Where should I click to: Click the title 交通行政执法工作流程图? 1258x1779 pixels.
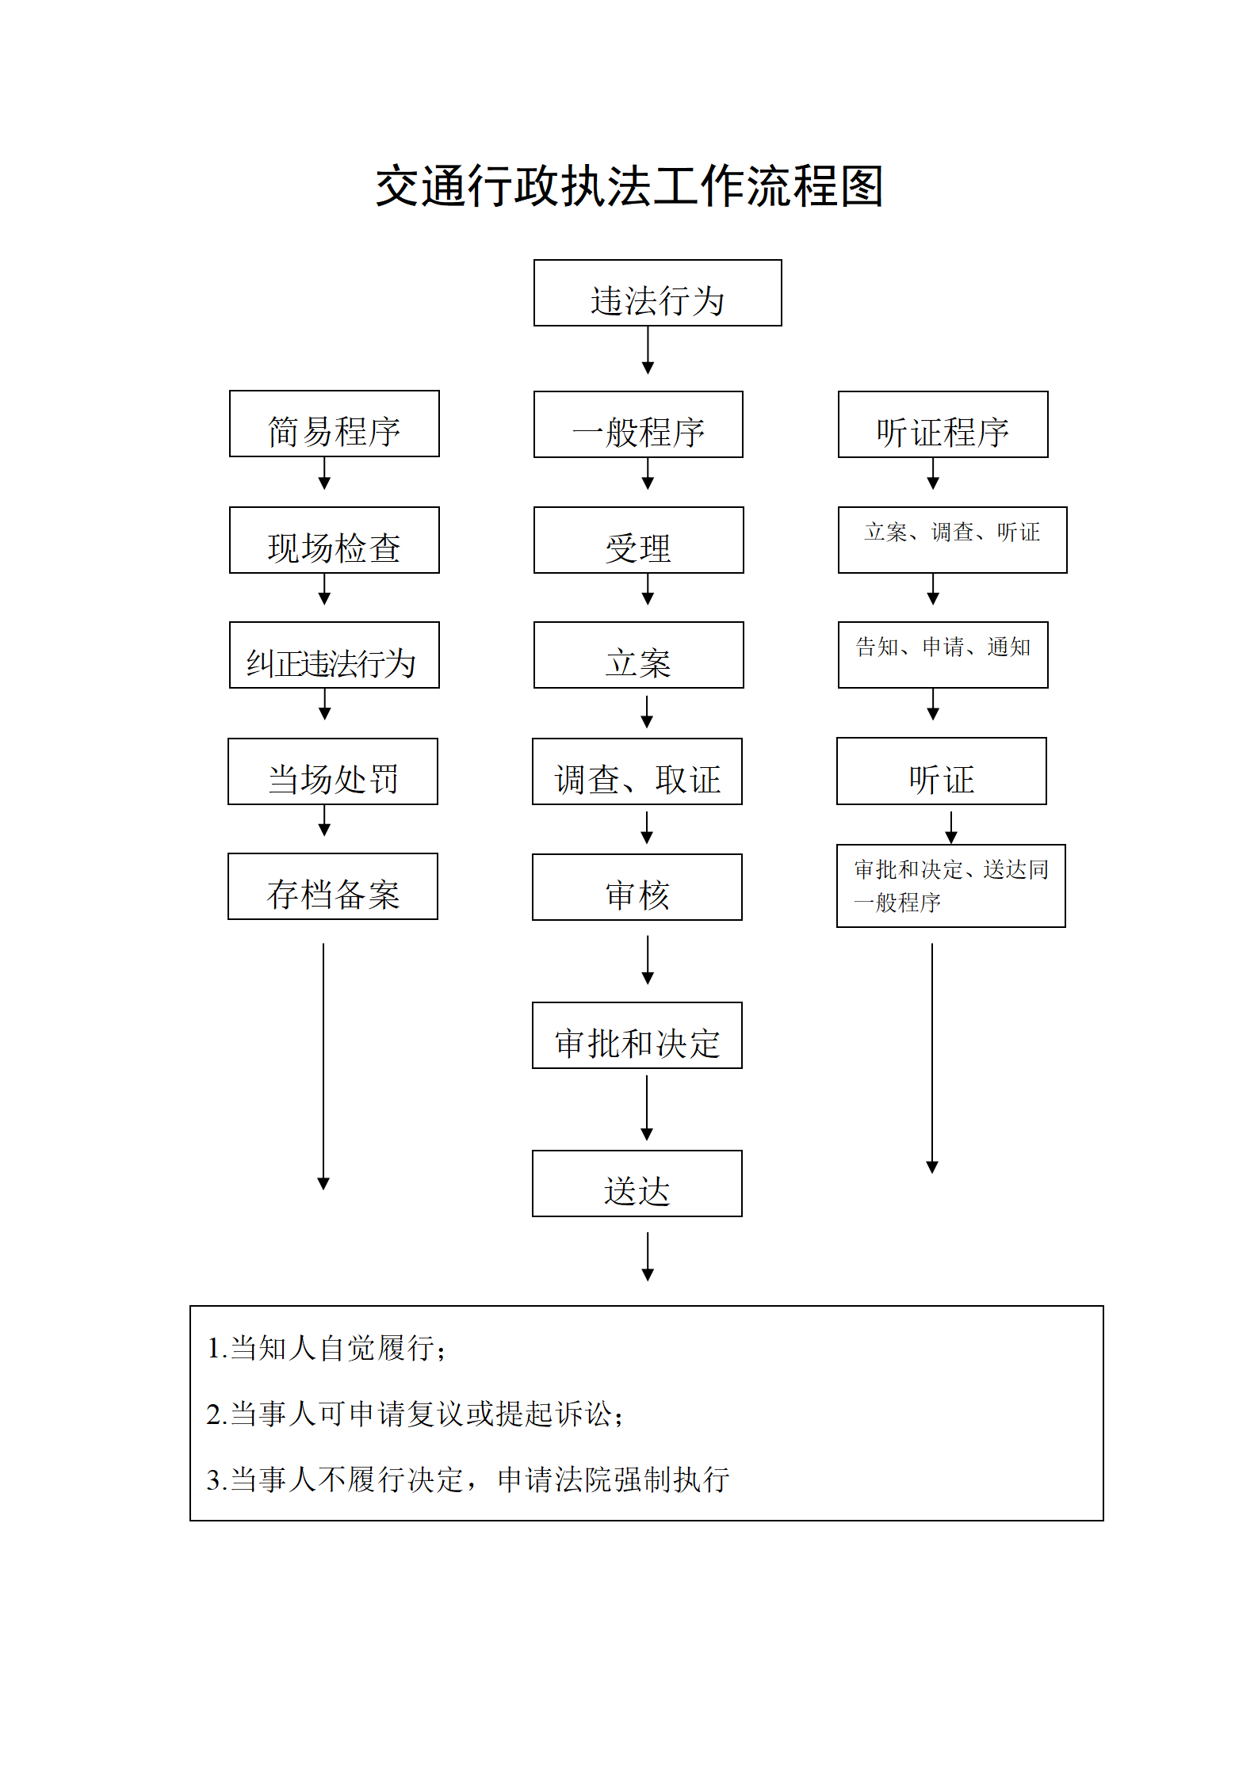(x=629, y=187)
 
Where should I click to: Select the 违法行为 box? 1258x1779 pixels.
(x=657, y=292)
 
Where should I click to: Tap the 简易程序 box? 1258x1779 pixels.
(x=334, y=423)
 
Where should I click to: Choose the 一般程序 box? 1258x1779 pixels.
(x=638, y=424)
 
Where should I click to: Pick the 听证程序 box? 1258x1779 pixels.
(x=943, y=424)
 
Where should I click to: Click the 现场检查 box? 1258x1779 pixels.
(x=334, y=540)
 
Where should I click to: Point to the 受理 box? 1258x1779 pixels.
(x=638, y=540)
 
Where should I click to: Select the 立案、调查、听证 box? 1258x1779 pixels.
(x=952, y=540)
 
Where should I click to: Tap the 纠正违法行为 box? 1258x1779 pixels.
(x=334, y=655)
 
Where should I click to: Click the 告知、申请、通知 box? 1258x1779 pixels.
(x=943, y=655)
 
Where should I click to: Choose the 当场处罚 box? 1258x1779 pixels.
(x=332, y=771)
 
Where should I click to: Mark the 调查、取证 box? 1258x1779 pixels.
(x=637, y=771)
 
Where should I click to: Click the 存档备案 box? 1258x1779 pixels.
(x=332, y=886)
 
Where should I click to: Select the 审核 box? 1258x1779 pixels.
(x=637, y=887)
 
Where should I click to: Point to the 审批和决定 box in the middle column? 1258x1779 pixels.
(x=637, y=1035)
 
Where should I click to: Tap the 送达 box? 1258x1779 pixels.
(x=637, y=1183)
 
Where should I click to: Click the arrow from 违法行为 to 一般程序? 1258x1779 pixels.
(x=648, y=350)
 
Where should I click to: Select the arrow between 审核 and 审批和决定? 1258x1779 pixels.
(x=648, y=960)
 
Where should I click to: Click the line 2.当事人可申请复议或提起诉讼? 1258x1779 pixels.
(x=415, y=1414)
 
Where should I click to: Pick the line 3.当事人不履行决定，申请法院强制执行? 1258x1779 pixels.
(x=468, y=1479)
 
